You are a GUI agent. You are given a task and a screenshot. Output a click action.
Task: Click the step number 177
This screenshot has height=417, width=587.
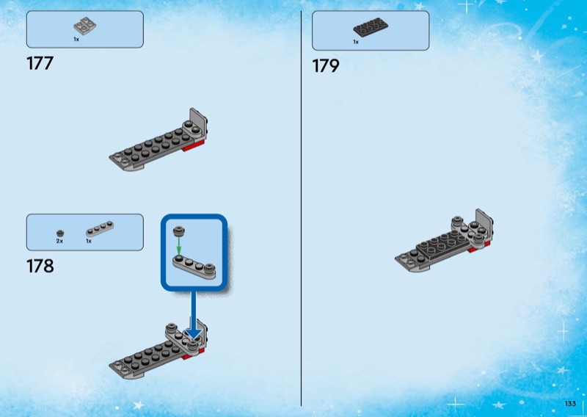[x=40, y=63]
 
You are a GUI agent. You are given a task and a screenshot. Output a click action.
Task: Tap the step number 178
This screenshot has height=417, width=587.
[x=40, y=266]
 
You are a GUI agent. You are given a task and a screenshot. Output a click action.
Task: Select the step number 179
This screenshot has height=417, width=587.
[x=326, y=66]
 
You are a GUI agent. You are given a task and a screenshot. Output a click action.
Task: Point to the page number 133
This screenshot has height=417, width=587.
[x=570, y=404]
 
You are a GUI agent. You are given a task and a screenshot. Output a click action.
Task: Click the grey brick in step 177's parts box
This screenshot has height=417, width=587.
[x=84, y=26]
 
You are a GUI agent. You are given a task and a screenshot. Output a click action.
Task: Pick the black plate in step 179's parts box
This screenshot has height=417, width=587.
[x=371, y=27]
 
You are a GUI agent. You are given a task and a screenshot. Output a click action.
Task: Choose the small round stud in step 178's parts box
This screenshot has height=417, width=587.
[x=60, y=233]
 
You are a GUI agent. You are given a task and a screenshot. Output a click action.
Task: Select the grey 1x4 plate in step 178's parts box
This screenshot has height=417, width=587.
[x=100, y=229]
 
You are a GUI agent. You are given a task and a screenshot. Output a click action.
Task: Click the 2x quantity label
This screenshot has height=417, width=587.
[x=59, y=242]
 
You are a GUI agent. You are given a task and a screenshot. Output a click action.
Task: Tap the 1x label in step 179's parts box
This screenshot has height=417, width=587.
[x=356, y=42]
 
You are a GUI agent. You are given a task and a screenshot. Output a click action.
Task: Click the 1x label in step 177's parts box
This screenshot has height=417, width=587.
[x=76, y=40]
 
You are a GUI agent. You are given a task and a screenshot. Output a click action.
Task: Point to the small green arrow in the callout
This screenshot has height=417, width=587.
[x=178, y=246]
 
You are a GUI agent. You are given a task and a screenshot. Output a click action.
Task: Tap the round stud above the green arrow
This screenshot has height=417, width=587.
[x=178, y=231]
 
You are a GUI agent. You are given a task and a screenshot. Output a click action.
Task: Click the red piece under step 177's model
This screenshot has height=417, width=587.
[x=194, y=147]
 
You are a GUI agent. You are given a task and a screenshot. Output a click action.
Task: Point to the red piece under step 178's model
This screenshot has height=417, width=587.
[x=193, y=354]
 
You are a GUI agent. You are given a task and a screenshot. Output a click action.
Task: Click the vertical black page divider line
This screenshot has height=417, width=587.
[x=302, y=208]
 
